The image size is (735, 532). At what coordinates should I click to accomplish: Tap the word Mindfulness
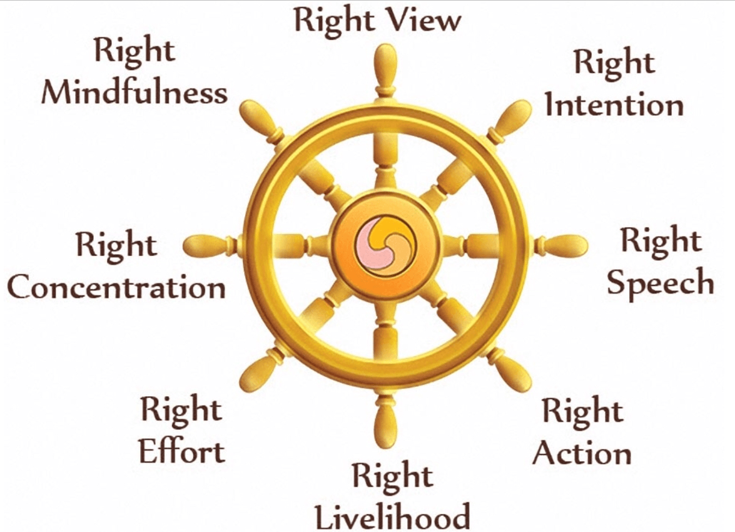pyautogui.click(x=134, y=93)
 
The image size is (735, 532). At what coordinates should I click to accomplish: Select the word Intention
pyautogui.click(x=614, y=105)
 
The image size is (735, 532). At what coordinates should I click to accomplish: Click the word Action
pyautogui.click(x=582, y=453)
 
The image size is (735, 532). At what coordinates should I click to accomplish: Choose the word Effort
pyautogui.click(x=182, y=451)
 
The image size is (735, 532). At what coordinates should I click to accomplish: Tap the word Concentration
pyautogui.click(x=116, y=288)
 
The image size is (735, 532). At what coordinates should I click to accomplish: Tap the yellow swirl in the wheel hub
pyautogui.click(x=393, y=235)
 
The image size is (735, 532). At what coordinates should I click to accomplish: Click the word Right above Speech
pyautogui.click(x=661, y=241)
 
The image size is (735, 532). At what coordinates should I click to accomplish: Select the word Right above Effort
pyautogui.click(x=181, y=409)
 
